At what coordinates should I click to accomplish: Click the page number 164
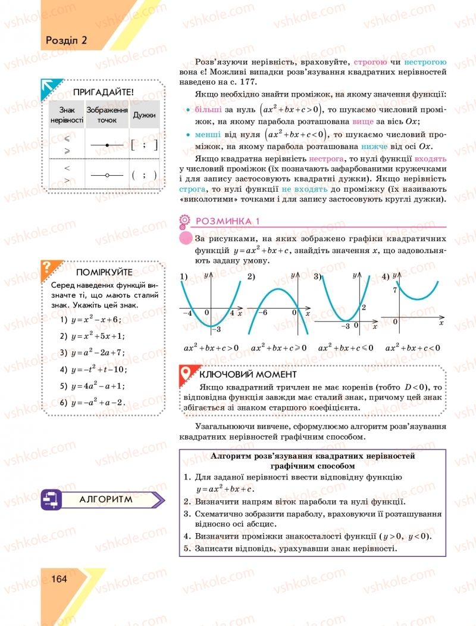[x=58, y=578]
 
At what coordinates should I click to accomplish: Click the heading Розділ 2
[x=66, y=41]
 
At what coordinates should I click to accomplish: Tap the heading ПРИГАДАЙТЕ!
[x=103, y=92]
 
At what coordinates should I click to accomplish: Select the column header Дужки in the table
[x=145, y=115]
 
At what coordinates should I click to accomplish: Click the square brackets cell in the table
[x=145, y=145]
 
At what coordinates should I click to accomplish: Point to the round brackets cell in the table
[x=145, y=175]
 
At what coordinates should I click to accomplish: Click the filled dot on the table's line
[x=107, y=145]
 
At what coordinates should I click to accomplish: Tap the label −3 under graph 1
[x=218, y=329]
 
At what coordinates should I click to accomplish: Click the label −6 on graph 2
[x=262, y=313]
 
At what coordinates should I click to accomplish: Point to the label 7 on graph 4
[x=394, y=290]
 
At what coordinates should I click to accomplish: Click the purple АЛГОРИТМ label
[x=106, y=500]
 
